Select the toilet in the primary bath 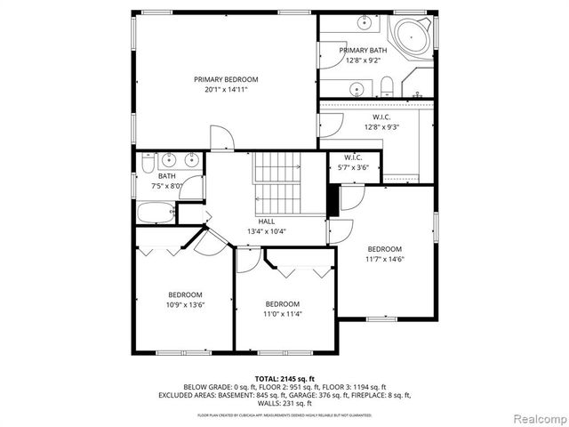tap(387, 86)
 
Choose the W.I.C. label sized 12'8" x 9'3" tap(375, 117)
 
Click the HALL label tap(267, 222)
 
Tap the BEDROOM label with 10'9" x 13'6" tap(185, 294)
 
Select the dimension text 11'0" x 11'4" tap(282, 313)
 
